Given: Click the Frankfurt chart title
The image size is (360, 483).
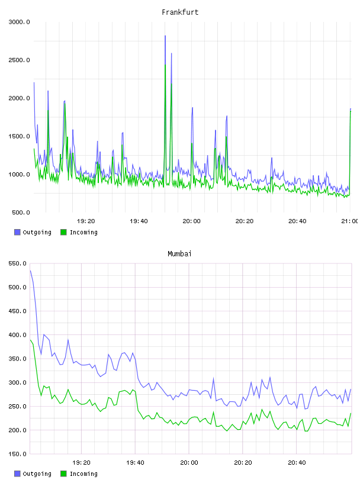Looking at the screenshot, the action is click(x=180, y=12).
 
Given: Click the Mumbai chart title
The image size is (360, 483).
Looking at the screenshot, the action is click(x=179, y=254).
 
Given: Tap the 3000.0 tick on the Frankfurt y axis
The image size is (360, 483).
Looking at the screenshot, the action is click(x=19, y=22).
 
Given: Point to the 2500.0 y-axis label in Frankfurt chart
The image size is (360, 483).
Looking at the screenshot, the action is click(x=19, y=60).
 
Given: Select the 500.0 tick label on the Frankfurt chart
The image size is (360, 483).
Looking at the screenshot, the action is click(x=21, y=212).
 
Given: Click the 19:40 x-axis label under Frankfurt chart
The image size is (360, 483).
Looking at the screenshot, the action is click(x=139, y=221).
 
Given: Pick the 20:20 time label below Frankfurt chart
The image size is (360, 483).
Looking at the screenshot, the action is click(x=245, y=221).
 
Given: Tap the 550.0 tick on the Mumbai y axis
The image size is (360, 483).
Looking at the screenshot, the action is click(x=17, y=263).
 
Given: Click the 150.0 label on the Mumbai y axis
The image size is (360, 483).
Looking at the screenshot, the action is click(x=17, y=454).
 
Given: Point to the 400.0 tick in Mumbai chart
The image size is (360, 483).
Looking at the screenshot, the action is click(x=17, y=335).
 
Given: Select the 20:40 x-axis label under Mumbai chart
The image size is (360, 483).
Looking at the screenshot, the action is click(x=297, y=463).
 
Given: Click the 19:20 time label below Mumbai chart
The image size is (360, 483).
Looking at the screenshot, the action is click(x=81, y=463).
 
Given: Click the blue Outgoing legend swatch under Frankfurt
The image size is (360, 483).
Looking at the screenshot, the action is click(x=17, y=232).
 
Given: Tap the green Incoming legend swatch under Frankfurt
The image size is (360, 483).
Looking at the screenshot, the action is click(x=63, y=232).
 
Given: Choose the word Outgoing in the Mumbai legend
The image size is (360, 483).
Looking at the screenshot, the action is click(x=37, y=474).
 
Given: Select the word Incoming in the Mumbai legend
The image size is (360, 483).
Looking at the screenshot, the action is click(x=83, y=474).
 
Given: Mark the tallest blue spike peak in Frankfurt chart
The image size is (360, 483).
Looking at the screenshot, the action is click(x=165, y=36).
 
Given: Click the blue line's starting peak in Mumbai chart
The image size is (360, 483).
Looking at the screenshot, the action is click(x=30, y=271).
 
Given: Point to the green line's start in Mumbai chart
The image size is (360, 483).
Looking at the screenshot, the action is click(x=30, y=340).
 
